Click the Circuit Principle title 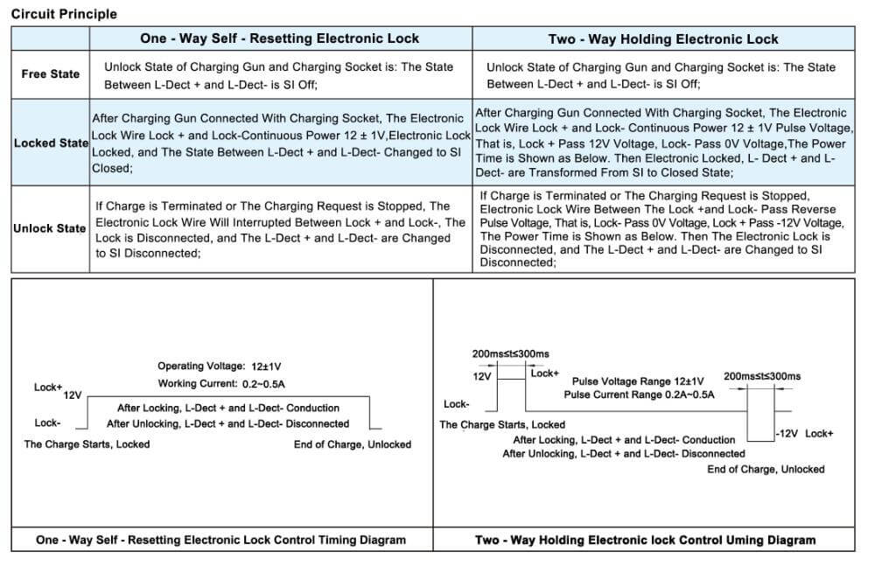point(64,14)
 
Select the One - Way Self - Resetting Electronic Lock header point(279,38)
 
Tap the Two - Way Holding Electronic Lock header point(662,38)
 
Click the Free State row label point(50,74)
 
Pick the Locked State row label point(51,143)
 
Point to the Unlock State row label point(49,228)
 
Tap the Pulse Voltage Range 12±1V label point(638,381)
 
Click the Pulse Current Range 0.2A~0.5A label point(639,395)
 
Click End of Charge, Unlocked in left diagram point(352,444)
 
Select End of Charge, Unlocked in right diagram point(766,469)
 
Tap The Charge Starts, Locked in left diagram point(87,444)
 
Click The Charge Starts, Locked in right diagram point(502,425)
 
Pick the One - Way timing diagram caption point(220,540)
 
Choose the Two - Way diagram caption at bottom point(645,540)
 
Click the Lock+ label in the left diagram point(48,387)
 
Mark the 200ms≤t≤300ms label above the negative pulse point(762,376)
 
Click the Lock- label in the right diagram point(456,404)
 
